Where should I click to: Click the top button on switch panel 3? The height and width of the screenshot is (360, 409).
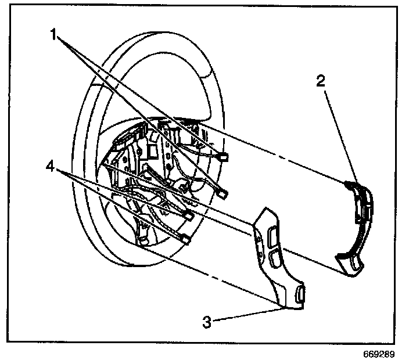tap(272, 235)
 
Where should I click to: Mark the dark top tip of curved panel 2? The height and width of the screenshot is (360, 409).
tap(349, 183)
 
